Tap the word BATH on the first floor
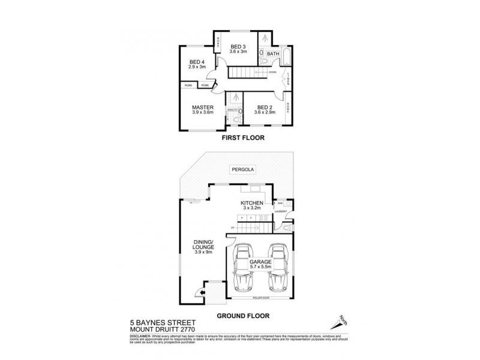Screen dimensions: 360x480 (273, 54)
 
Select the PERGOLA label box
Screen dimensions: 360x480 (243, 170)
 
